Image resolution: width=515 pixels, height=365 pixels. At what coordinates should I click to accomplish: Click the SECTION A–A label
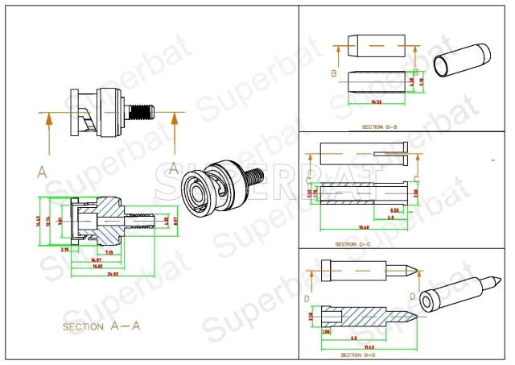[101, 326]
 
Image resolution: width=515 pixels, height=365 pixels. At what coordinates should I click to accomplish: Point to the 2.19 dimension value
[64, 249]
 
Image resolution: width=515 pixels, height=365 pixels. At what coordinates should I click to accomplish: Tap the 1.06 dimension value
[326, 331]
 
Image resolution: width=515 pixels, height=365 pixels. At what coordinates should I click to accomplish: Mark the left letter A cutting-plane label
[41, 171]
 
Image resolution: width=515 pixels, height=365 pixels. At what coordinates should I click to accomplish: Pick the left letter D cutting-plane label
[308, 298]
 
